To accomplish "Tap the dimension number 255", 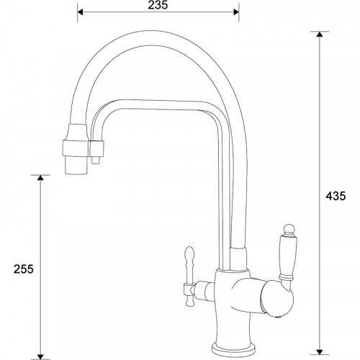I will click(x=24, y=268).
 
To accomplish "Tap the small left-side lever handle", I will click(x=189, y=264).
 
